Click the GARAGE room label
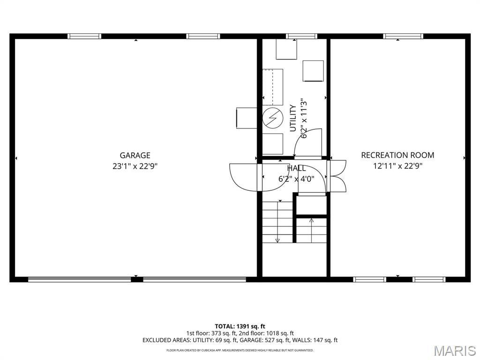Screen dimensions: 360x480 click(135, 155)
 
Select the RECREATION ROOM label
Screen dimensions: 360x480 click(397, 155)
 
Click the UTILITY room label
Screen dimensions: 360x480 click(293, 118)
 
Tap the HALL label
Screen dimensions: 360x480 click(296, 168)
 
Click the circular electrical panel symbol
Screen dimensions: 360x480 click(272, 118)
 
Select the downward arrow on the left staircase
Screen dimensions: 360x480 click(277, 240)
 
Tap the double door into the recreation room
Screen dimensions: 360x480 click(338, 176)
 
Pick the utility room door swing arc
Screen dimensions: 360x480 click(307, 142)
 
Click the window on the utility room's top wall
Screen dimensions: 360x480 click(301, 36)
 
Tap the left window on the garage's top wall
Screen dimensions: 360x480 click(84, 36)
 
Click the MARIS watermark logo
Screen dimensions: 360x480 click(455, 351)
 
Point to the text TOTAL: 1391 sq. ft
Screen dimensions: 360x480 click(240, 326)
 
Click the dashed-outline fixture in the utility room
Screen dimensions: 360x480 click(272, 87)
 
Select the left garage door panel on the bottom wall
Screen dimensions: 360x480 click(80, 279)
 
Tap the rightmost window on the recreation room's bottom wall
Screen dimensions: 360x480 click(428, 279)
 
